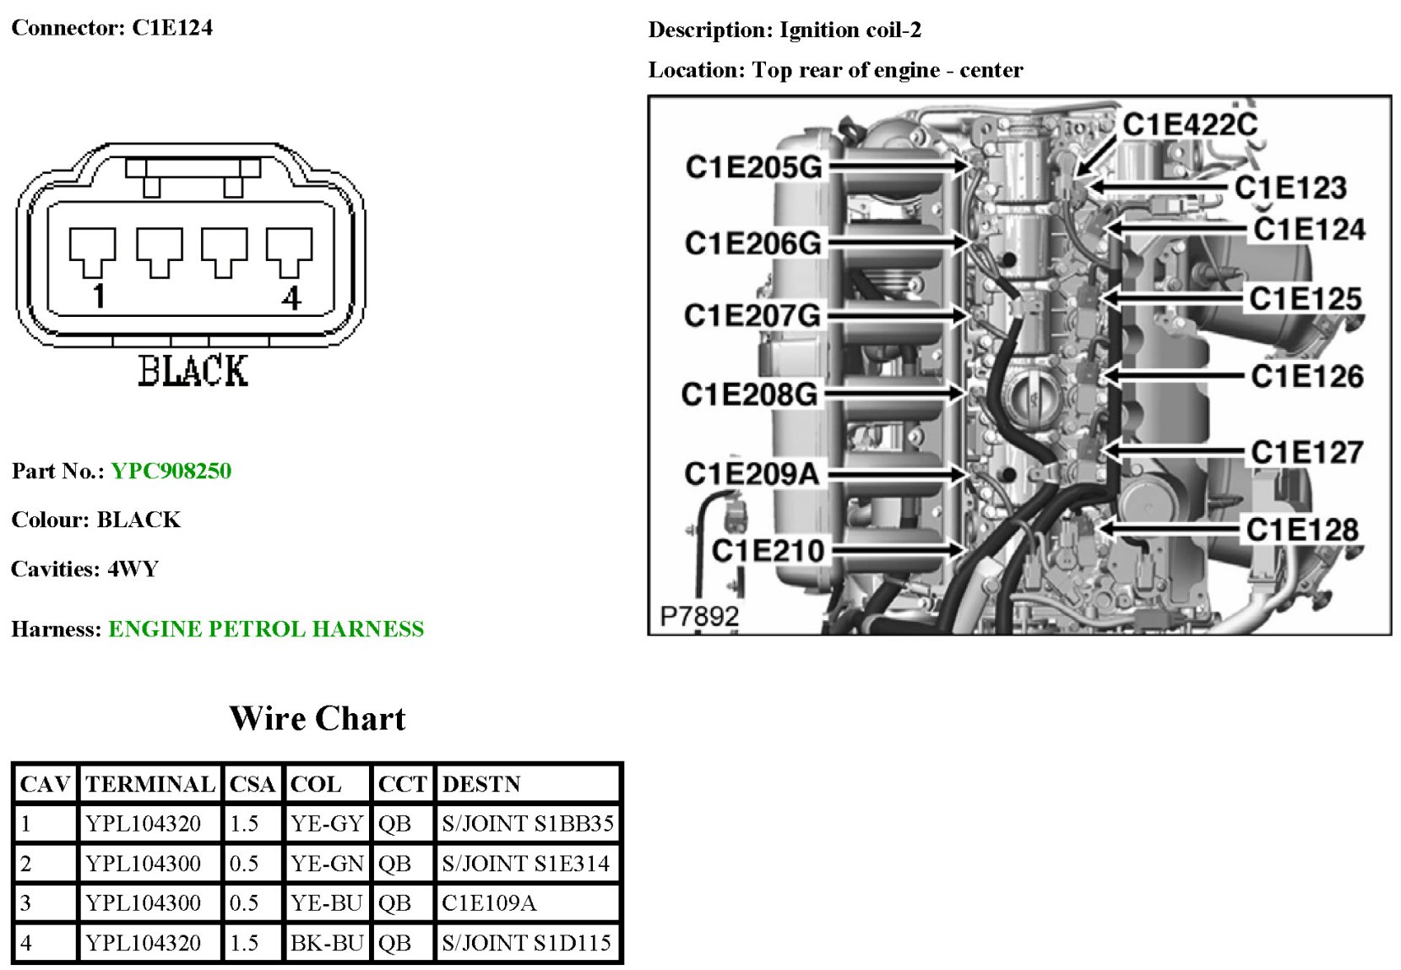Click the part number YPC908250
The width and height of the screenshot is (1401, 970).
tap(171, 471)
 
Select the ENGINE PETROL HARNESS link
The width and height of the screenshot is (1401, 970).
tap(266, 629)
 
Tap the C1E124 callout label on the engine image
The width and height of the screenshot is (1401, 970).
tap(1309, 229)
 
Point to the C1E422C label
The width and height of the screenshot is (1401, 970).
tap(1190, 124)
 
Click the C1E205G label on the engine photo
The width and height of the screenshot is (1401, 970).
tap(753, 167)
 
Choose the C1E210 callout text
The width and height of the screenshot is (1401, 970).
tap(768, 551)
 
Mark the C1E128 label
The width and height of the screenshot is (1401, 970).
tap(1302, 530)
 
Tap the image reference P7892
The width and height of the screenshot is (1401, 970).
tap(698, 617)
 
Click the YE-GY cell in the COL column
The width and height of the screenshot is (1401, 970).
tap(327, 823)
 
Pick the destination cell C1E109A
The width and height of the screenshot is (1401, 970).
tap(489, 903)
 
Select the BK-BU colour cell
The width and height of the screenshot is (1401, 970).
tap(327, 943)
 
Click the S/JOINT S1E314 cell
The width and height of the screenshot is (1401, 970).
tap(525, 864)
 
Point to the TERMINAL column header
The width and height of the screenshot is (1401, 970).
tap(150, 784)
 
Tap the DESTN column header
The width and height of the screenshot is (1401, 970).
tap(481, 784)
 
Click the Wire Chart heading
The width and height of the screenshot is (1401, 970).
tap(318, 718)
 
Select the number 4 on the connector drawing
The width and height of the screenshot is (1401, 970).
tap(291, 297)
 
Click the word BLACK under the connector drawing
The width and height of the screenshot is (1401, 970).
tap(193, 371)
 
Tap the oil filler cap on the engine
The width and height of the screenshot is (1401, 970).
tap(1033, 395)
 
